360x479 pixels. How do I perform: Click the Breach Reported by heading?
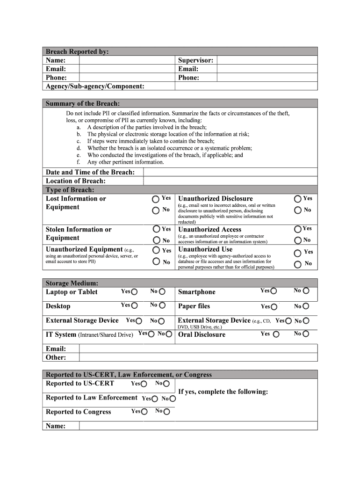[77, 51]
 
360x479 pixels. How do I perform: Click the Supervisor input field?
[267, 60]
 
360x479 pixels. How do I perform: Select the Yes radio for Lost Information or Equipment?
[156, 199]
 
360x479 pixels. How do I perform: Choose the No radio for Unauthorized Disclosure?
[298, 210]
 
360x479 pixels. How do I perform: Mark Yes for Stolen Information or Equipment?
[156, 229]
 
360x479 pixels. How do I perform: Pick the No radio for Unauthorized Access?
[298, 240]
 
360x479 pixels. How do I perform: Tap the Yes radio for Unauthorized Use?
[298, 253]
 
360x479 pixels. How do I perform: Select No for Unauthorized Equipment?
[156, 262]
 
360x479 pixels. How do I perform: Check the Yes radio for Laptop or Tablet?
[134, 292]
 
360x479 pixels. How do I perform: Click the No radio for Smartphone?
[306, 291]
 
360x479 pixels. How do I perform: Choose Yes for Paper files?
[274, 307]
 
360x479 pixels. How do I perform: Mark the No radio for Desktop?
[162, 306]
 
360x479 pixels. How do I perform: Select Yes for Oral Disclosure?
[276, 334]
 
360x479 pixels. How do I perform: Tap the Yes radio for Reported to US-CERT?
[144, 384]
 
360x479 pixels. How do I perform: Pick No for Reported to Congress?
[166, 412]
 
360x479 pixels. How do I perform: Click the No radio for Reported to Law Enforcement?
[173, 399]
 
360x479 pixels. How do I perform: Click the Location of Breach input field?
[230, 181]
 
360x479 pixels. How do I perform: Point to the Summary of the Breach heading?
[82, 103]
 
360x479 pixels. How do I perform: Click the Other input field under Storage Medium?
[198, 357]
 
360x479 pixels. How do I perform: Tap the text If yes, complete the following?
[223, 392]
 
